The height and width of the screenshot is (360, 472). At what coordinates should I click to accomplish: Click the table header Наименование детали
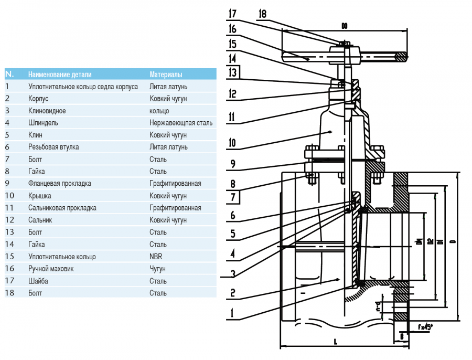59,75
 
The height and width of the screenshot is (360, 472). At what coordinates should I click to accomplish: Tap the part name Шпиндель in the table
43,123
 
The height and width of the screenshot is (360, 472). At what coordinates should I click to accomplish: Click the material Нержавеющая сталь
181,123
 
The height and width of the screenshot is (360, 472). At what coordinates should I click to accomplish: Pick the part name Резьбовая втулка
53,147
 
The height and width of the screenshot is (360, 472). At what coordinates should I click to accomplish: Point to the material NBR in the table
156,257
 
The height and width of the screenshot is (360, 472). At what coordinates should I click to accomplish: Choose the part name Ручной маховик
51,269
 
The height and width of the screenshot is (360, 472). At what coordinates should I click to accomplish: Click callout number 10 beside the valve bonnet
233,142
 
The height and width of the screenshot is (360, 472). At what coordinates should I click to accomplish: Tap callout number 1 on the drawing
232,315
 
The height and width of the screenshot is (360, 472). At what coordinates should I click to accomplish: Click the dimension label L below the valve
335,342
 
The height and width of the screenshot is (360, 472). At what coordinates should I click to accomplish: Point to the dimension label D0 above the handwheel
345,25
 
